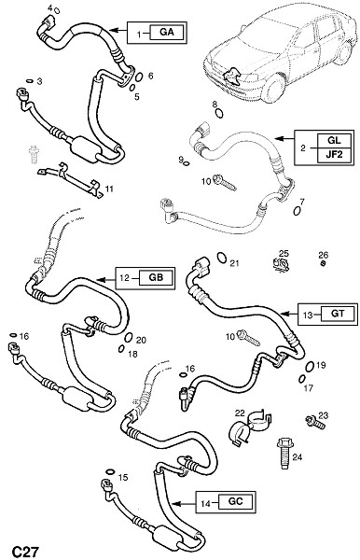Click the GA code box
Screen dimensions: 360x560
click(167, 32)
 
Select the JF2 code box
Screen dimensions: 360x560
click(334, 155)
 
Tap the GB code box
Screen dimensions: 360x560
click(156, 278)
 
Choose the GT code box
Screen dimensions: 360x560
click(338, 314)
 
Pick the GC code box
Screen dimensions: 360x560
click(235, 501)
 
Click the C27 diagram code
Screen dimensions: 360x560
click(25, 551)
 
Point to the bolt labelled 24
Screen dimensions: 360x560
click(284, 453)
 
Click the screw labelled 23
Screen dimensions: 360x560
click(315, 423)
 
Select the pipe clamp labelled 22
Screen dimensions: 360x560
click(249, 427)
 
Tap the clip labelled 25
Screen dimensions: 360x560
click(281, 265)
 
